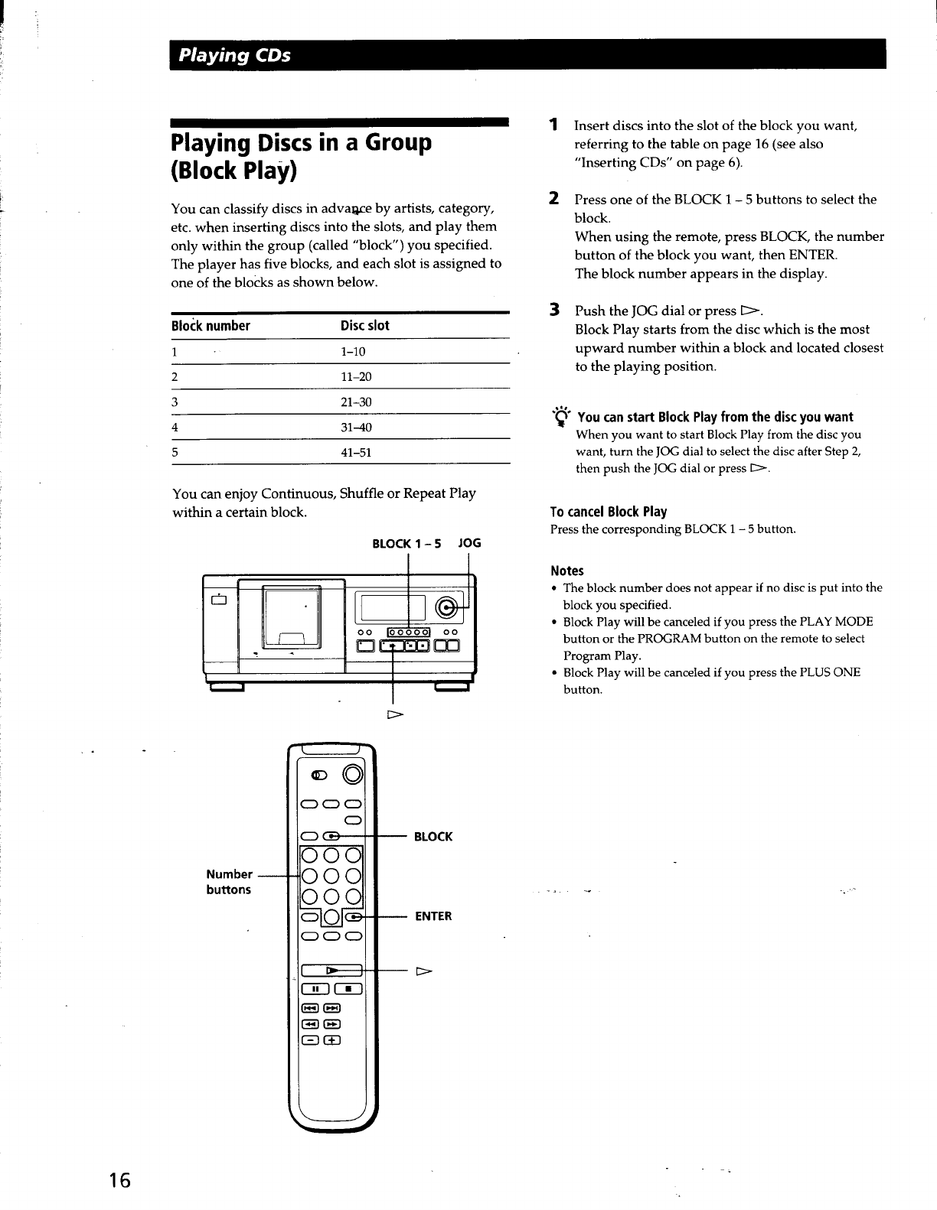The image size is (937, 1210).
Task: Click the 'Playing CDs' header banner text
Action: pos(234,56)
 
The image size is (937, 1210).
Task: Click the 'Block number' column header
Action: pos(211,326)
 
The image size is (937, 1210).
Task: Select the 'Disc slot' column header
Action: pos(364,326)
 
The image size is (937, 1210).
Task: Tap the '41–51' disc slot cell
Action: pos(355,453)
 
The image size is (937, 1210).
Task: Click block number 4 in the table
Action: pos(175,428)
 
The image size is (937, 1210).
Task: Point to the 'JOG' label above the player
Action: pos(468,544)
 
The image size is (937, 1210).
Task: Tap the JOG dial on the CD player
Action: pos(446,609)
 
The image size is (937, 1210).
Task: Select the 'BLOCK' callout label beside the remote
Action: pos(433,837)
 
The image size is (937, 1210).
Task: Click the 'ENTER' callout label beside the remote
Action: pos(433,916)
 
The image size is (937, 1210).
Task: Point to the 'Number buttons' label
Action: pos(229,882)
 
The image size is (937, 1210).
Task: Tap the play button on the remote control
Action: pos(332,971)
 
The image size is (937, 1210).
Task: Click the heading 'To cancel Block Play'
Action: pos(609,512)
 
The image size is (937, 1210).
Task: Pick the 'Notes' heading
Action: pos(567,571)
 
